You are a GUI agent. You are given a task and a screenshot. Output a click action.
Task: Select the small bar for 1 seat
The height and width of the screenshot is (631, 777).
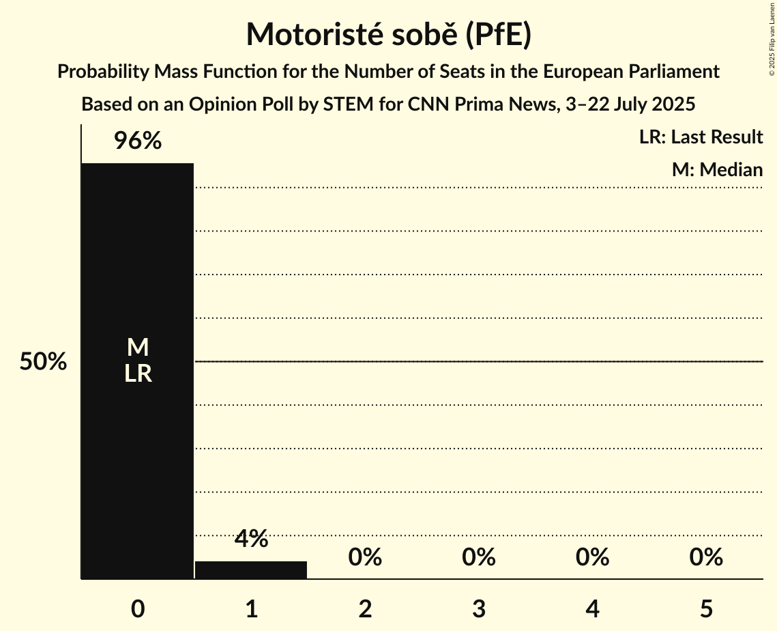pyautogui.click(x=251, y=570)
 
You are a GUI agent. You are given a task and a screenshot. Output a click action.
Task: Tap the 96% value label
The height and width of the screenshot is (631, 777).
pyautogui.click(x=137, y=141)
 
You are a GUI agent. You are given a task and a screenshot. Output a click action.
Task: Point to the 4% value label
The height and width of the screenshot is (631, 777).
pyautogui.click(x=251, y=539)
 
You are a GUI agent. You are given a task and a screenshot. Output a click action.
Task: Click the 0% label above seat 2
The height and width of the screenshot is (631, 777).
pyautogui.click(x=365, y=557)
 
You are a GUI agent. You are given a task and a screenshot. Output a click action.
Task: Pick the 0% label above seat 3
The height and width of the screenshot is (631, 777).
pyautogui.click(x=479, y=557)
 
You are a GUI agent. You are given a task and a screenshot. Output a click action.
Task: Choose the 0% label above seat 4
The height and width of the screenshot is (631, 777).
pyautogui.click(x=592, y=557)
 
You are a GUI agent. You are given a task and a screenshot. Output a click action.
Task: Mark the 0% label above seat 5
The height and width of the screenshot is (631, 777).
pyautogui.click(x=706, y=557)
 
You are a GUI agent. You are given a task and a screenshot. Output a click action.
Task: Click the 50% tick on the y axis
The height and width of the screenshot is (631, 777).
pyautogui.click(x=43, y=362)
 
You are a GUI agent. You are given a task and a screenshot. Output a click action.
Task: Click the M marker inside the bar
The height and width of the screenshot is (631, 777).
pyautogui.click(x=138, y=348)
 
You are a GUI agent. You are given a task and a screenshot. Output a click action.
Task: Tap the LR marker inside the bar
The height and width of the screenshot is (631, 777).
pyautogui.click(x=138, y=374)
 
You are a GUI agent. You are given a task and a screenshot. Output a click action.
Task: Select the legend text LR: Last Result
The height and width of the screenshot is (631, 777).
pyautogui.click(x=701, y=137)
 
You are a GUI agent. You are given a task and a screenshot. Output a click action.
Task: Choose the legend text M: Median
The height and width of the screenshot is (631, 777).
pyautogui.click(x=717, y=169)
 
